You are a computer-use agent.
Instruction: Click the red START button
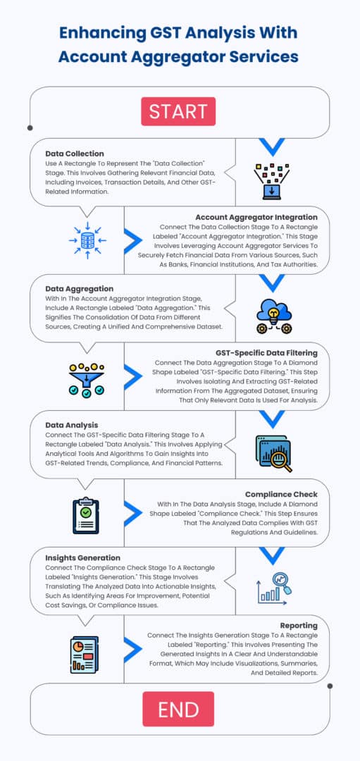point(178,111)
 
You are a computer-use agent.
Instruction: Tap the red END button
point(178,709)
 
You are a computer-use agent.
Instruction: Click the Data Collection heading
point(75,154)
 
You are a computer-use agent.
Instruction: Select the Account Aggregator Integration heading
point(256,217)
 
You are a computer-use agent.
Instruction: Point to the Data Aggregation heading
point(80,289)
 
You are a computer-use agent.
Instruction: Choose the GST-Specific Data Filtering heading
point(266,352)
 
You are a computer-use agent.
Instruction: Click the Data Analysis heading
point(72,425)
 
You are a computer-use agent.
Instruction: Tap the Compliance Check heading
point(281,494)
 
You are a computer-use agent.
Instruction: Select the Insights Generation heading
point(83,557)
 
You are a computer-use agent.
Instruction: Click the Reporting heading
point(299,625)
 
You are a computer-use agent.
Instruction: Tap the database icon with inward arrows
point(87,240)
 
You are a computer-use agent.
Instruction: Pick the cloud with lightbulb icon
point(273,316)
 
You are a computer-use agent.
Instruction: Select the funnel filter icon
point(87,380)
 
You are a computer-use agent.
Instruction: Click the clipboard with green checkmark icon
point(86,516)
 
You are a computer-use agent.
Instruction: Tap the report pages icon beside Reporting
point(84,655)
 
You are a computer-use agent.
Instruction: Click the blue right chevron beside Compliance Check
point(133,514)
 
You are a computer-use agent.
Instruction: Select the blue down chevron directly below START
point(272,147)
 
